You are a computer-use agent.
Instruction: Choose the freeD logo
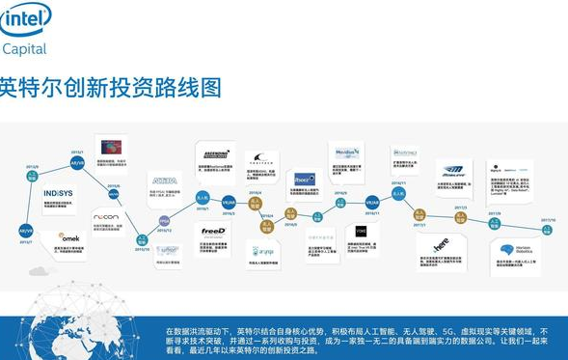212,232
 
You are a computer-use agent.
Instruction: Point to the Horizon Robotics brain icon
504,250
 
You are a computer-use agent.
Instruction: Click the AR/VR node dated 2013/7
26,231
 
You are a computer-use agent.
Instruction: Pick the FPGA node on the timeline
165,221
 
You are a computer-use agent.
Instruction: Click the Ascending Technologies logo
214,154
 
